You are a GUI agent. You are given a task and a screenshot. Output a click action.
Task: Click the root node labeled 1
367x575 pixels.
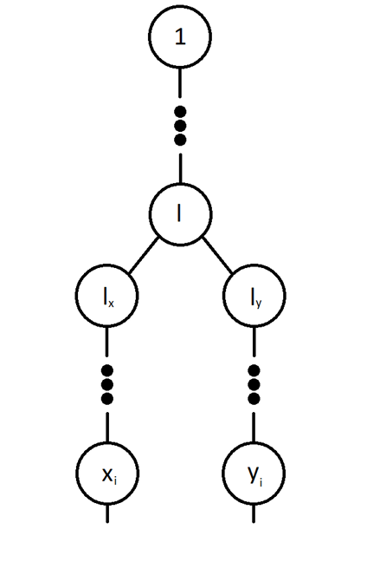[x=180, y=36]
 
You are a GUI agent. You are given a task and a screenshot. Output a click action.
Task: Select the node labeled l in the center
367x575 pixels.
[x=180, y=214]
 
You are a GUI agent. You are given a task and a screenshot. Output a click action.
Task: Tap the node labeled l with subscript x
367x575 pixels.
[x=106, y=296]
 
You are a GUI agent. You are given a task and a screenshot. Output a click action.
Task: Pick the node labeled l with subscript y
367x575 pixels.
[x=254, y=296]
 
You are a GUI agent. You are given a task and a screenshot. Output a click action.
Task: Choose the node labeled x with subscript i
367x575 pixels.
[x=107, y=474]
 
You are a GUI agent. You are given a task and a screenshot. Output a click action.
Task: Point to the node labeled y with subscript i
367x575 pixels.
[x=254, y=474]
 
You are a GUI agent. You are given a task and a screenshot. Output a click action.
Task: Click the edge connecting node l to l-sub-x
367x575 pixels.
[x=144, y=255]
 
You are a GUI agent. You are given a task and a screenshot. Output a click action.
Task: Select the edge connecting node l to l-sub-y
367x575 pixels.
[x=218, y=255]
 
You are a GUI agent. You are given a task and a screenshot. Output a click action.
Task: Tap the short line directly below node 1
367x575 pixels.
[x=180, y=83]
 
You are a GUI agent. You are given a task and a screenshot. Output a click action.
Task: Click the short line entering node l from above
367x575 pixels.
[x=180, y=168]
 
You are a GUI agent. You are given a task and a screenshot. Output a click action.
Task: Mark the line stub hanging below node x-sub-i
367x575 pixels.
[x=107, y=513]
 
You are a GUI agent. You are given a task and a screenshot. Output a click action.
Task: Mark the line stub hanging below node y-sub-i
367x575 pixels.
[x=254, y=513]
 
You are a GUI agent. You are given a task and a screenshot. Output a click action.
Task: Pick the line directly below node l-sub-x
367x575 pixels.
[x=106, y=342]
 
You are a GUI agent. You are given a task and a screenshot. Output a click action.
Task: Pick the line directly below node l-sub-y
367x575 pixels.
[x=254, y=342]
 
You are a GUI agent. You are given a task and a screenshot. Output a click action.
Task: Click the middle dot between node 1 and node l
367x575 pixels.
[x=180, y=126]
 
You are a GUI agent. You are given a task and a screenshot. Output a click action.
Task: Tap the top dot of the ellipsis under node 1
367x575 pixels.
[x=180, y=112]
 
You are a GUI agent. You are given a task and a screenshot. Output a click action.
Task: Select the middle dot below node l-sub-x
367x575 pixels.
[x=106, y=385]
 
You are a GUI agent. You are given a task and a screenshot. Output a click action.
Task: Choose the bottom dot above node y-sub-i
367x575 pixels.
[x=254, y=398]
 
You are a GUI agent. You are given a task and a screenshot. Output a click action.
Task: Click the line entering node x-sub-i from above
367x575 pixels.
[x=107, y=428]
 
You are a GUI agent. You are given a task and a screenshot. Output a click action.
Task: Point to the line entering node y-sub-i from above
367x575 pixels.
[x=254, y=428]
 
